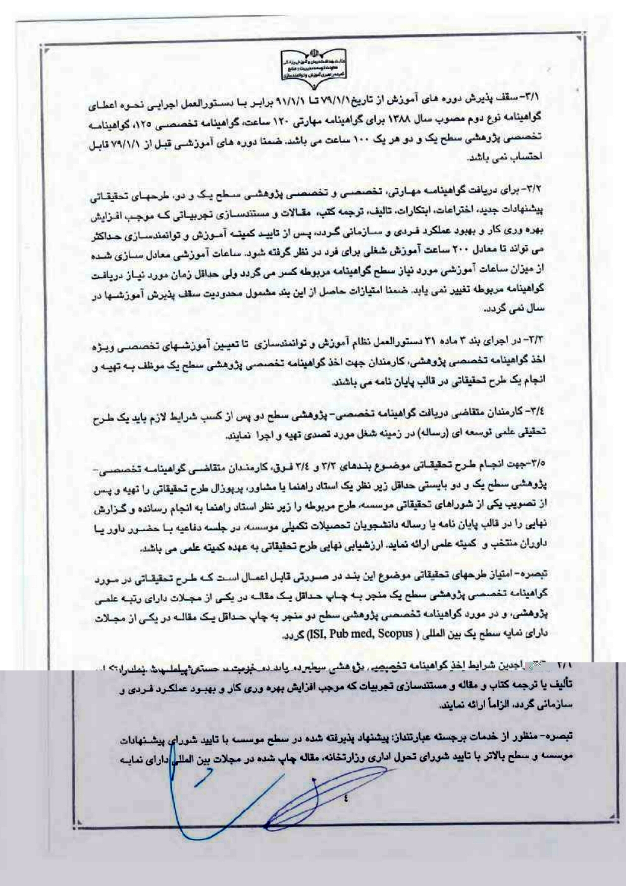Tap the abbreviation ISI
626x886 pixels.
click(x=317, y=633)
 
